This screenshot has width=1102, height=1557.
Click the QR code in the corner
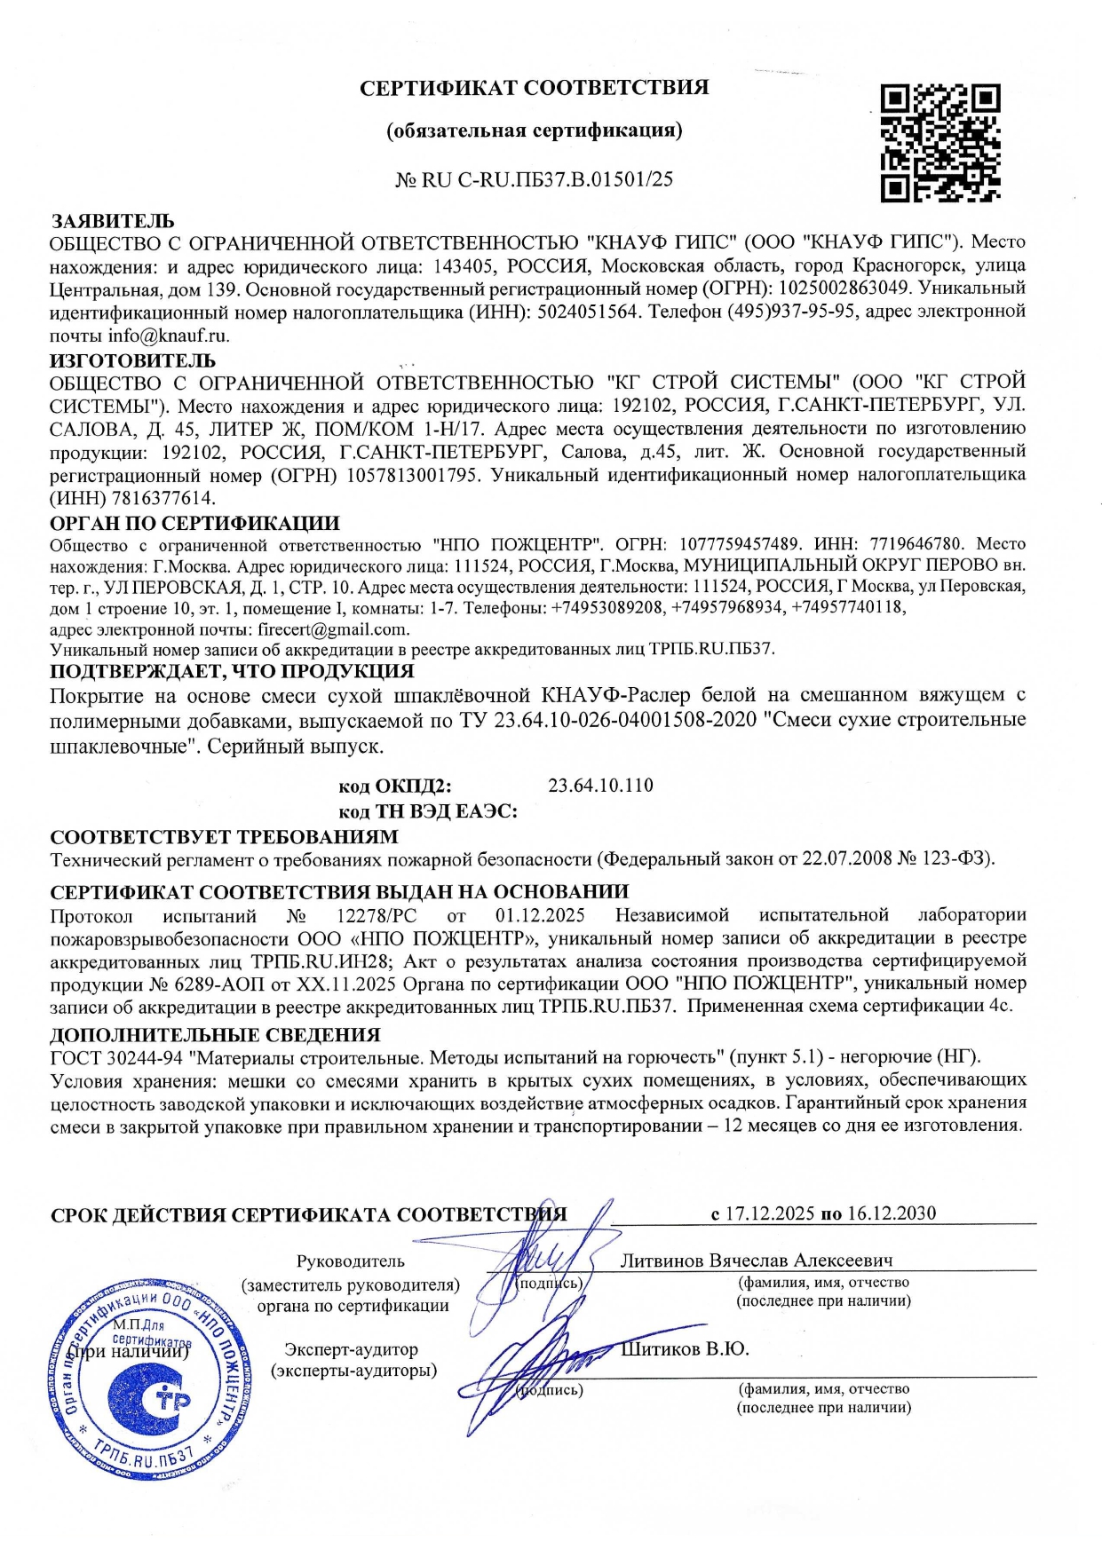pyautogui.click(x=940, y=142)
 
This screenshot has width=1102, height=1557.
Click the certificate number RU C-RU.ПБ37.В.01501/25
pyautogui.click(x=546, y=179)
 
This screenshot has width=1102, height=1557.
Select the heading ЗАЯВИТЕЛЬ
pyautogui.click(x=112, y=221)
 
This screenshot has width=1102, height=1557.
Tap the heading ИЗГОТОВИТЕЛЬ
pyautogui.click(x=132, y=360)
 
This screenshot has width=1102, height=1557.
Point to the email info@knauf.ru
pyautogui.click(x=169, y=336)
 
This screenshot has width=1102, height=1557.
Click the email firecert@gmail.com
pyautogui.click(x=333, y=629)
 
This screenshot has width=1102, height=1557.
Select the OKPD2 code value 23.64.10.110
pyautogui.click(x=600, y=786)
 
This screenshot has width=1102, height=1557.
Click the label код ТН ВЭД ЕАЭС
pyautogui.click(x=428, y=811)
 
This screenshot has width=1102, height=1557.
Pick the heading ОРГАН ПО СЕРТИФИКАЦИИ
pyautogui.click(x=194, y=524)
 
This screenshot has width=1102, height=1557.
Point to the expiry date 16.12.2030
pyautogui.click(x=891, y=1213)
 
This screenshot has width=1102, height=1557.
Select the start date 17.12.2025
pyautogui.click(x=769, y=1213)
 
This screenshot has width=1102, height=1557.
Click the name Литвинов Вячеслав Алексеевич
pyautogui.click(x=756, y=1261)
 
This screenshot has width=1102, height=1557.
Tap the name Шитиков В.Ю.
pyautogui.click(x=685, y=1350)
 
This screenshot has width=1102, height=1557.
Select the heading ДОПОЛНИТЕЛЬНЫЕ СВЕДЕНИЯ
pyautogui.click(x=215, y=1035)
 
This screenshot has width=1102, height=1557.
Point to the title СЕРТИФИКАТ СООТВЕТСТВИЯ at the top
pyautogui.click(x=534, y=88)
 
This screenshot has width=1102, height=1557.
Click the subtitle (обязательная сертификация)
pyautogui.click(x=534, y=131)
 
